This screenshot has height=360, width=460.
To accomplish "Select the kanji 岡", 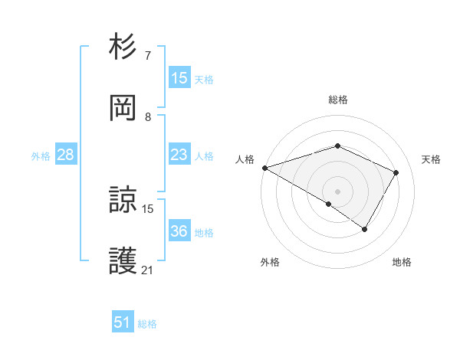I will click(123, 108).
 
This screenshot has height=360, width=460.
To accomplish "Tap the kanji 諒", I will click(123, 201).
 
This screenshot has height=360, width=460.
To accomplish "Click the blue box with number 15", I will click(179, 78).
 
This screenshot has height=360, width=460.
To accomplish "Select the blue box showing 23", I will click(179, 155).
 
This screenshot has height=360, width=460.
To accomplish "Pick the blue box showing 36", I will click(179, 231).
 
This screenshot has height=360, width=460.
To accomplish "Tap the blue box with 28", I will click(66, 155).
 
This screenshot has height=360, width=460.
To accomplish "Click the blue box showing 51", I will click(123, 322).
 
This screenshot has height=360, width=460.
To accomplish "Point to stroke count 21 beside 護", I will click(148, 270).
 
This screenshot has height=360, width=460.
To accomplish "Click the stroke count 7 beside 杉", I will click(148, 56).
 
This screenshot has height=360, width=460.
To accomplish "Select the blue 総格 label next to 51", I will click(147, 324).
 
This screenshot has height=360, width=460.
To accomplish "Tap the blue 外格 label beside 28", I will click(41, 156).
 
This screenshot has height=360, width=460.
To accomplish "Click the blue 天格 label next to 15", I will click(204, 80).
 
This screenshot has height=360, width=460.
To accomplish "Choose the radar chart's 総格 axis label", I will click(338, 100).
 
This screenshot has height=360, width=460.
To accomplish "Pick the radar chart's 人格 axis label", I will click(245, 159).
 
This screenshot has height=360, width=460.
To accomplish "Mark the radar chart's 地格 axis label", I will click(402, 262).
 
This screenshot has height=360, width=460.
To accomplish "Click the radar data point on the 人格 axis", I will click(264, 168).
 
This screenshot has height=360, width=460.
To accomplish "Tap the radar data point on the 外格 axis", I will click(329, 204).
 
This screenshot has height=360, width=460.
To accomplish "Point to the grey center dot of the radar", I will click(337, 191).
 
